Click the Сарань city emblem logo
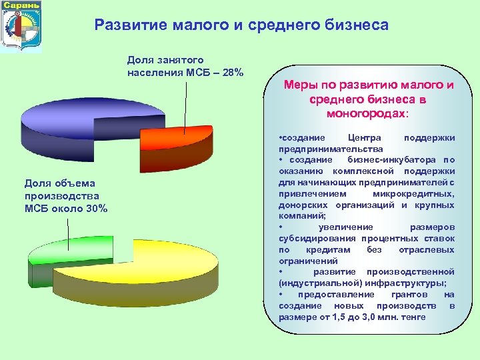tap(21, 27)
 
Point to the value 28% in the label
tap(231, 72)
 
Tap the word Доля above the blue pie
tap(141, 60)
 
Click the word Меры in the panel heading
tap(300, 85)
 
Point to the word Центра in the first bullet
tap(365, 138)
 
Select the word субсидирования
tap(317, 238)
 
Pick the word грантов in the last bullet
tap(405, 295)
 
